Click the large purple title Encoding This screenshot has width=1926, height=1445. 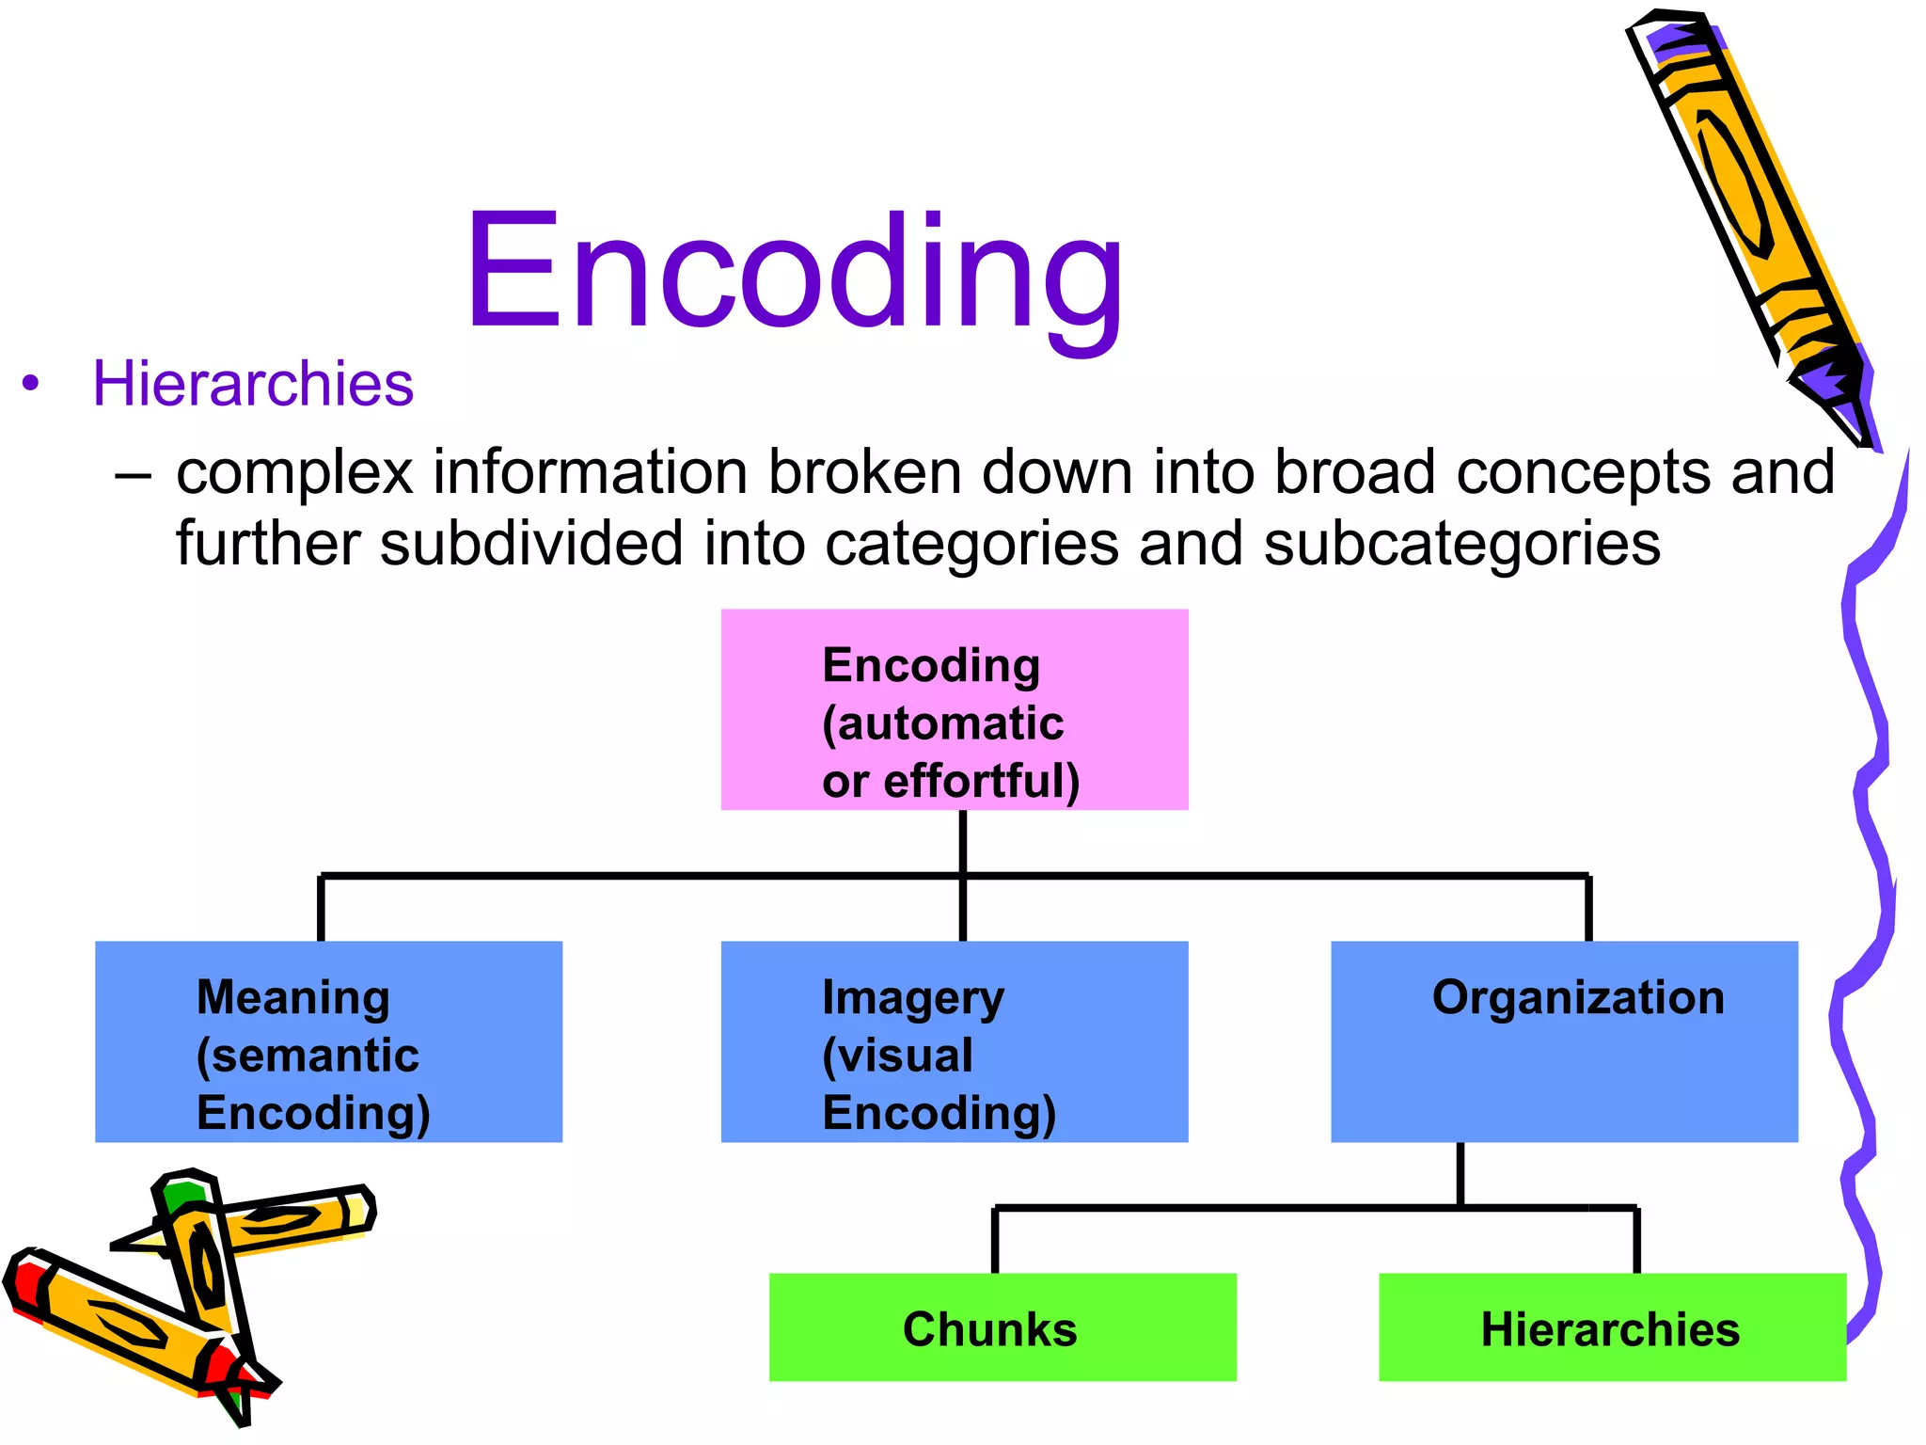795,273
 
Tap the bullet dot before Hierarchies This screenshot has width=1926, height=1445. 31,384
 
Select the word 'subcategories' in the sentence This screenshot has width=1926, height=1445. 1461,546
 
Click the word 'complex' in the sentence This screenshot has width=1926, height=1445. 294,473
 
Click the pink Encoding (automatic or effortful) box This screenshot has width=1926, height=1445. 954,709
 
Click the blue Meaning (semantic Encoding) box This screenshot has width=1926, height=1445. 328,1041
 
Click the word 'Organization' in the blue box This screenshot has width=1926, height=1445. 1577,997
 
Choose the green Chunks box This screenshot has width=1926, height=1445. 1002,1327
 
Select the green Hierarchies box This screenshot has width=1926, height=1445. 1611,1327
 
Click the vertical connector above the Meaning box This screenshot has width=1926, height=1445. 321,909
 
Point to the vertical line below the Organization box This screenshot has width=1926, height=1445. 1460,1174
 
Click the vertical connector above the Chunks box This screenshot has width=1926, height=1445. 994,1240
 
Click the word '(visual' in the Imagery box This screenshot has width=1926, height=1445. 897,1056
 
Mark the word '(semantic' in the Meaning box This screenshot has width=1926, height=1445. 308,1056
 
